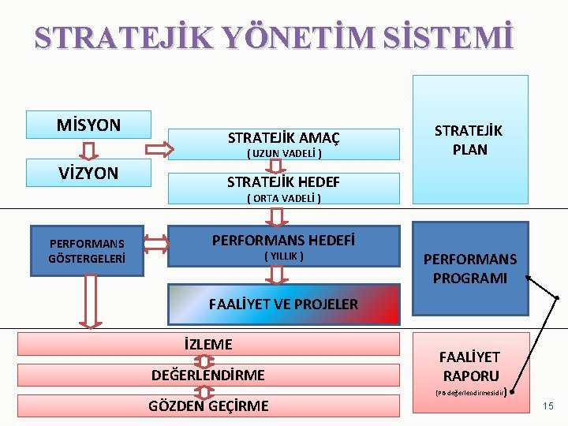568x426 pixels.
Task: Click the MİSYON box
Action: point(88,125)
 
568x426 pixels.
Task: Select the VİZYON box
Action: point(88,173)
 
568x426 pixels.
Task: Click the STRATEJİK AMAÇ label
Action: point(283,138)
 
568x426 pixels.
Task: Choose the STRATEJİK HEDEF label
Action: point(283,182)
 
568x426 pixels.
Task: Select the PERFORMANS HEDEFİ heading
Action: point(283,240)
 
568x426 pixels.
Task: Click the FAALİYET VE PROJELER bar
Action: point(283,304)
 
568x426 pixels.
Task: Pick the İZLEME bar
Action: point(208,344)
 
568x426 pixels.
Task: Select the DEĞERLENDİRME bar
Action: point(208,375)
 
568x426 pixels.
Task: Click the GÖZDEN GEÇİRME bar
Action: point(208,405)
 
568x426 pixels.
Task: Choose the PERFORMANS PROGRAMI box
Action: point(470,268)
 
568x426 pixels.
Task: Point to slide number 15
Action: point(548,406)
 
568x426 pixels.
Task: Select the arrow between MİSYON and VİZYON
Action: point(89,148)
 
